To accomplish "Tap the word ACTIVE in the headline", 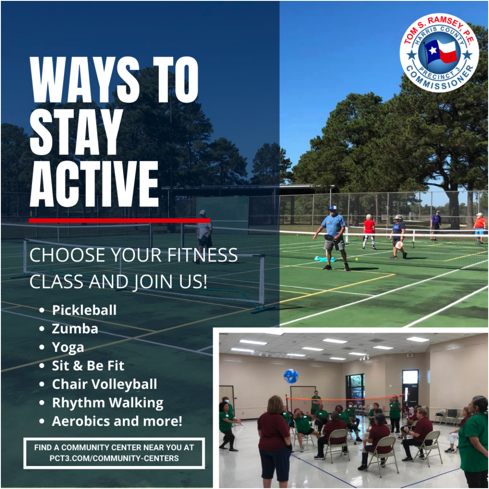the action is click(94, 184).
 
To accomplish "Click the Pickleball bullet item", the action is click(84, 310).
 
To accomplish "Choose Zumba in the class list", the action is click(75, 329).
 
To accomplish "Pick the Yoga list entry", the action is click(68, 348).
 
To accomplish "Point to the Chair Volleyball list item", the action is click(104, 384).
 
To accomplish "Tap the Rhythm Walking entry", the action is click(107, 402).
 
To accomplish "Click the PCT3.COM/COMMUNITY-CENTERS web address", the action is click(114, 458).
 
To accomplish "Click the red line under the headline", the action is click(120, 221).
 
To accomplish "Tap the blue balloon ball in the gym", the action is click(291, 376).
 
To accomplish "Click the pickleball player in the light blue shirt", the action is click(333, 238).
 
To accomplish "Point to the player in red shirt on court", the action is click(369, 232).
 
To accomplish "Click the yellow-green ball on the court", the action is click(356, 259).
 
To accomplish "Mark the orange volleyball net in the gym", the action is click(345, 398).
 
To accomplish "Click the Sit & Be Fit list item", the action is click(88, 366).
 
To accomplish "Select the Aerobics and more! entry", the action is click(117, 421).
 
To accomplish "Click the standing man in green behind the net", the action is click(316, 403).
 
